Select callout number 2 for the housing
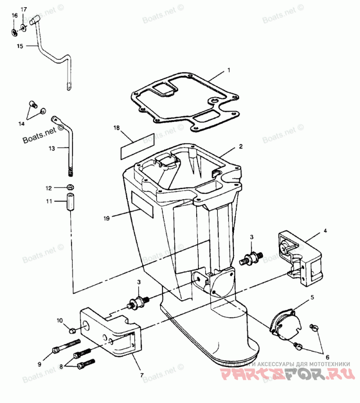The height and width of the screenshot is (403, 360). [x=241, y=146]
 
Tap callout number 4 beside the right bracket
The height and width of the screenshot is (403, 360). [x=325, y=231]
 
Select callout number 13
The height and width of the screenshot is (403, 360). [x=51, y=148]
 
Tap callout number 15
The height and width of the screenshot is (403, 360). [x=19, y=46]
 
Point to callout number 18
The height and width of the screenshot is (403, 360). [x=117, y=128]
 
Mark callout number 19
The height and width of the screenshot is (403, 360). [x=106, y=218]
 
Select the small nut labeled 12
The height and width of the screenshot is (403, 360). [x=70, y=187]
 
